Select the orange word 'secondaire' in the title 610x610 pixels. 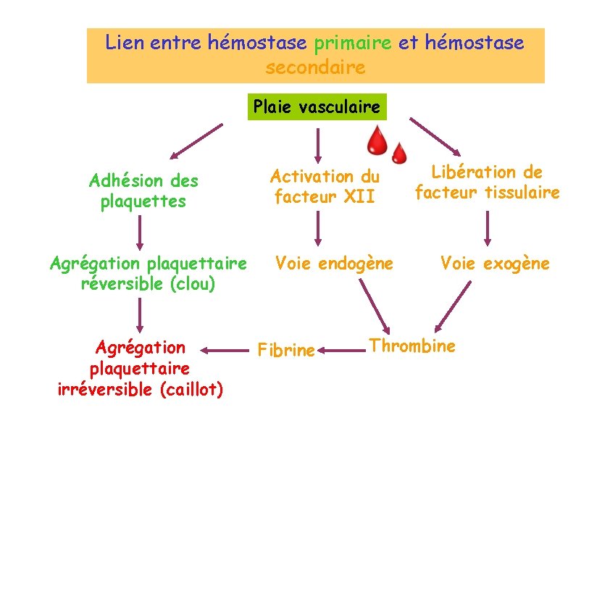pyautogui.click(x=315, y=67)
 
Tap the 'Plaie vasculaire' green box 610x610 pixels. pyautogui.click(x=317, y=107)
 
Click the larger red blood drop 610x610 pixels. pyautogui.click(x=376, y=140)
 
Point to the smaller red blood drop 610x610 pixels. pyautogui.click(x=399, y=153)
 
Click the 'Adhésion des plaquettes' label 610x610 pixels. pyautogui.click(x=143, y=191)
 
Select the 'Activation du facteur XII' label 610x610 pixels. pyautogui.click(x=325, y=186)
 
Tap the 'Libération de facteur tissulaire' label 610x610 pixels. pyautogui.click(x=487, y=182)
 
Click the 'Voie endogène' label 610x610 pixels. pyautogui.click(x=334, y=263)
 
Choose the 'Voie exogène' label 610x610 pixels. pyautogui.click(x=495, y=263)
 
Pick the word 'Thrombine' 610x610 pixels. pyautogui.click(x=412, y=346)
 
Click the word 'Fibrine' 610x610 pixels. pyautogui.click(x=286, y=351)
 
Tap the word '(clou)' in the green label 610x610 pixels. pyautogui.click(x=193, y=283)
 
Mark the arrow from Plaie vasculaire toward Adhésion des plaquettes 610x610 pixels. pyautogui.click(x=196, y=141)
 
